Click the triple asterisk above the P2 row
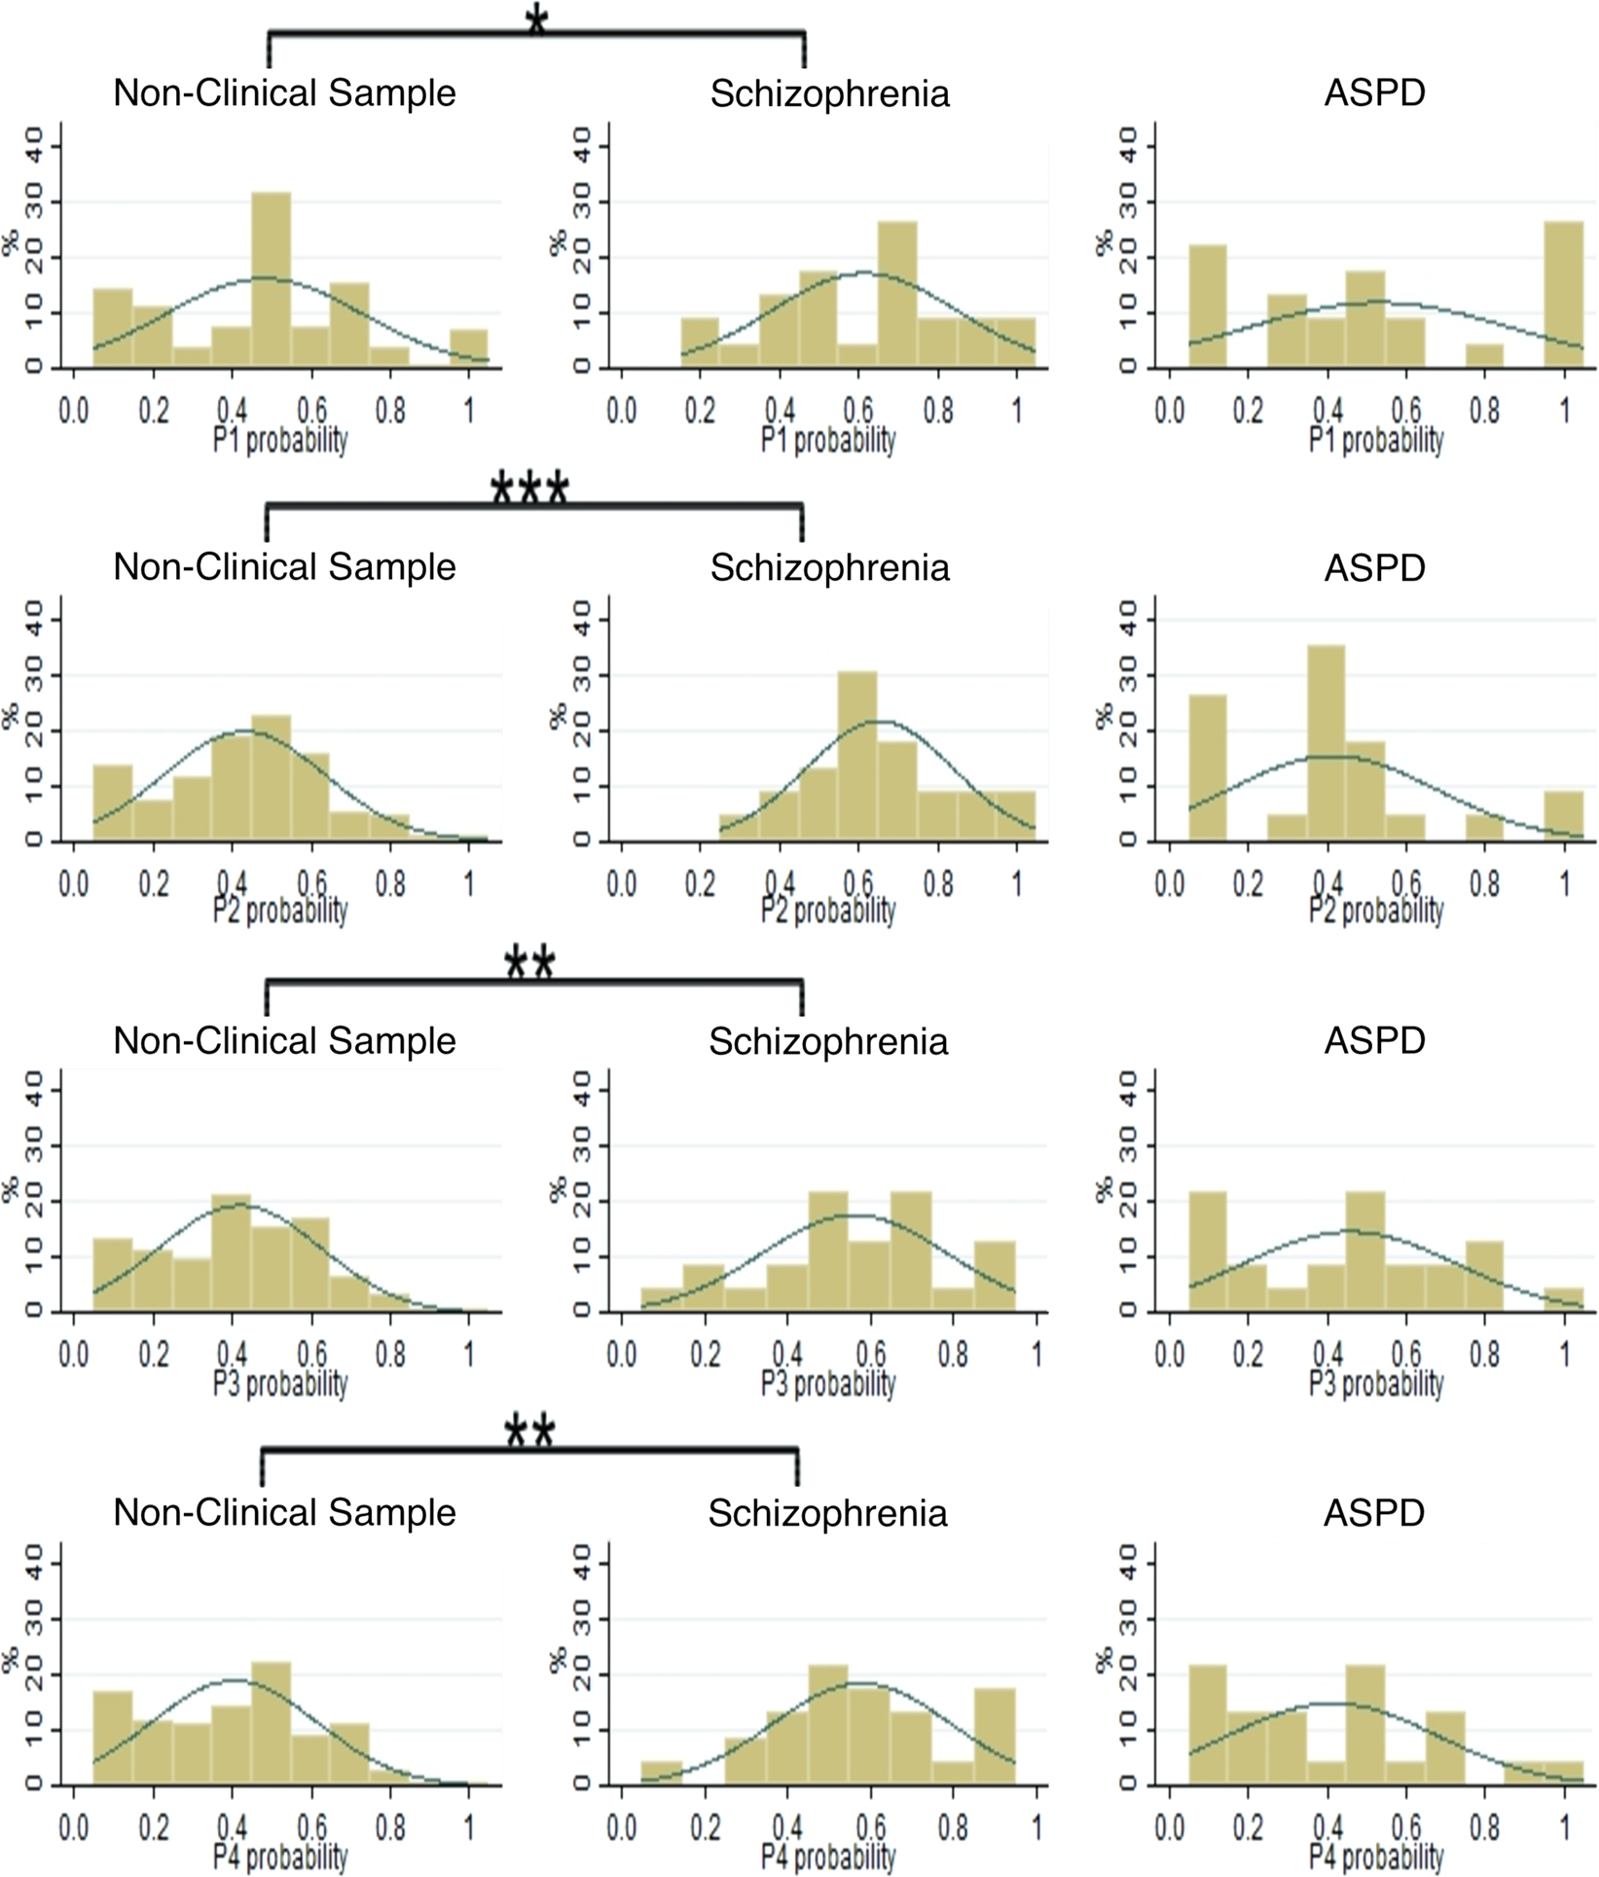coord(529,488)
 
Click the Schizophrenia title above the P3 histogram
coord(827,1041)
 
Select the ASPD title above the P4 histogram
coord(1373,1513)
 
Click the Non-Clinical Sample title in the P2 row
coord(284,567)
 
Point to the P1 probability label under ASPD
coord(1375,440)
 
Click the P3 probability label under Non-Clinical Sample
coord(280,1383)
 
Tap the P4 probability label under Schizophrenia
coord(827,1856)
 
